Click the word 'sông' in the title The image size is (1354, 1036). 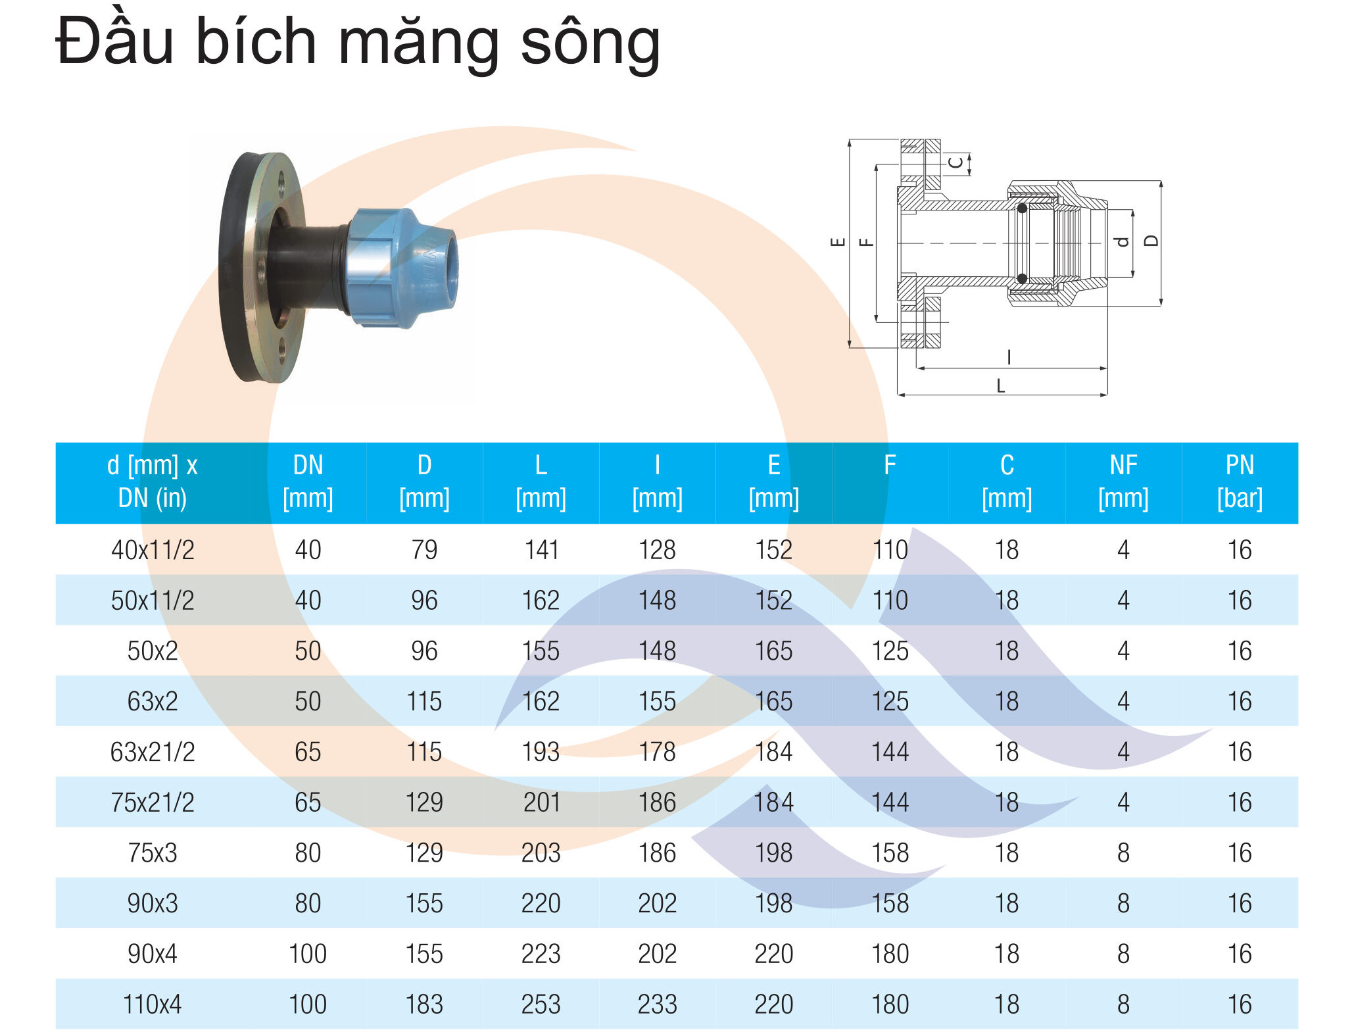point(590,43)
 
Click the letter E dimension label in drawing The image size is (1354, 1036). point(838,241)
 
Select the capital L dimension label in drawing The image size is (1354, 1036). point(1000,386)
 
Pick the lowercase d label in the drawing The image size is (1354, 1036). point(1122,241)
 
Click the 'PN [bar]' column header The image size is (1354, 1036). point(1240,482)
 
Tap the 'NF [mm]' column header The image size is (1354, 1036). point(1123,482)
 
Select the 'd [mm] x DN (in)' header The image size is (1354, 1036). point(153,482)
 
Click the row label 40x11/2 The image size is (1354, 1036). point(153,550)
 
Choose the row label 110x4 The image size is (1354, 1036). point(153,1004)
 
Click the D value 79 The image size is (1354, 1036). point(424,550)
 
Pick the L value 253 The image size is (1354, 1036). point(541,1004)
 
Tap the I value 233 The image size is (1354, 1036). point(657,1004)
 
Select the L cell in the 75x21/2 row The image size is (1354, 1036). point(541,802)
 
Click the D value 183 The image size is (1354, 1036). point(424,1004)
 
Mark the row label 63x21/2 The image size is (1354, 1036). point(153,752)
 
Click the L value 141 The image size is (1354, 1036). point(541,550)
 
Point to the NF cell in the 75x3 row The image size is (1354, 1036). point(1123,853)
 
